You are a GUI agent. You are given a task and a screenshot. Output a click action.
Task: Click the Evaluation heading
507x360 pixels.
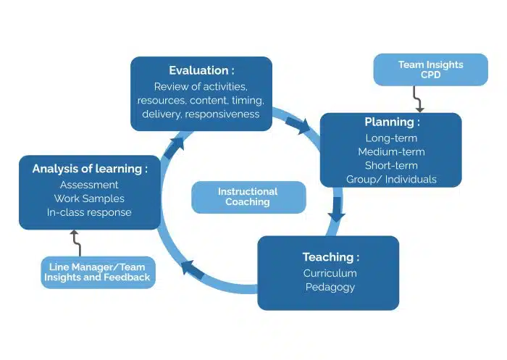coord(201,70)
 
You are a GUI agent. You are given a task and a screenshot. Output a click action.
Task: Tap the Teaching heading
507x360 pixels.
coord(330,257)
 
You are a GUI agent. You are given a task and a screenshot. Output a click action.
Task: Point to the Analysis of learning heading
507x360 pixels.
coord(90,169)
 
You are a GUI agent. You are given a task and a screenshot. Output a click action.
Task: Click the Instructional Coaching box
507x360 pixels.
coord(248,197)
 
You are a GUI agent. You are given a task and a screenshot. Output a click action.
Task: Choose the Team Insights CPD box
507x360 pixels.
coord(430,70)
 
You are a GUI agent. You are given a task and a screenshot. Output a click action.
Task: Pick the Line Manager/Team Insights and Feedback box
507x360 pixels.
coord(98,272)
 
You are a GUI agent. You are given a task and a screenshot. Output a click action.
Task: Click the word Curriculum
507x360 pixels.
coord(330,273)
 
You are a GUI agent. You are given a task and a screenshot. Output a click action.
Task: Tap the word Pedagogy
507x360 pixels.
coord(330,288)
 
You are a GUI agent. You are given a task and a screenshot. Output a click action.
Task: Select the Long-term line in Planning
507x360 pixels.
coord(391,138)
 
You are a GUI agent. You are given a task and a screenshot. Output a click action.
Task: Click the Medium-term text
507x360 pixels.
coord(391,151)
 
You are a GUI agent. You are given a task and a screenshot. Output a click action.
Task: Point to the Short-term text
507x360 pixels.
coord(391,165)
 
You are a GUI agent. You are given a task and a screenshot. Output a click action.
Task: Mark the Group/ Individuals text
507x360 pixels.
coord(391,179)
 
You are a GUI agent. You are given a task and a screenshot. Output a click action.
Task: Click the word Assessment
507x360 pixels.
coord(89,185)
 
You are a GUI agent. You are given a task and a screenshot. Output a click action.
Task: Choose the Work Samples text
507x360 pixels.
coord(89,198)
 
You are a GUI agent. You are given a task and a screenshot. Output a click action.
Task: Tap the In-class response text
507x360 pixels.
coord(89,212)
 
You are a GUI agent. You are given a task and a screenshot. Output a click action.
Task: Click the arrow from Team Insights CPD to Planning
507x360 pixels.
coord(417,99)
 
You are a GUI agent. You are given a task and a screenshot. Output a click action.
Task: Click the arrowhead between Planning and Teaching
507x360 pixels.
coord(336,216)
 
